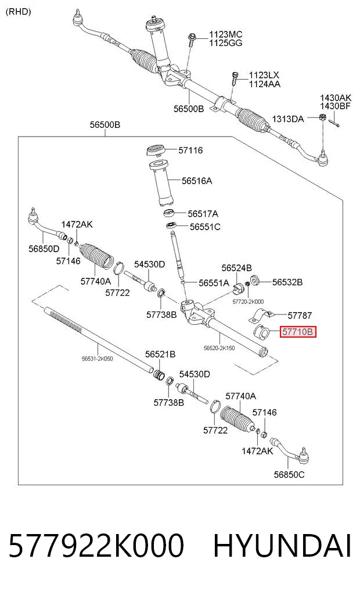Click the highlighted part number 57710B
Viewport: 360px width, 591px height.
pyautogui.click(x=297, y=332)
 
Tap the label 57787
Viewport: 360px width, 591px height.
pyautogui.click(x=300, y=315)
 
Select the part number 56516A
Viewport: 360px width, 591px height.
pyautogui.click(x=197, y=181)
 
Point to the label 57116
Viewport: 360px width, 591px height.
pyautogui.click(x=190, y=151)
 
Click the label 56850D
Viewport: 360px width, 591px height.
pyautogui.click(x=44, y=249)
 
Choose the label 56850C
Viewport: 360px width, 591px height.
pyautogui.click(x=289, y=475)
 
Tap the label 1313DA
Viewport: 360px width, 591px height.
pyautogui.click(x=287, y=119)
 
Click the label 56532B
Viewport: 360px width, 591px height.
pyautogui.click(x=287, y=282)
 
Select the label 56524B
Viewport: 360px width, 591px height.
pyautogui.click(x=236, y=268)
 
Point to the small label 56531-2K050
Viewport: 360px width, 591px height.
pyautogui.click(x=97, y=359)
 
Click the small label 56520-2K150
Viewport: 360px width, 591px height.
pyautogui.click(x=219, y=348)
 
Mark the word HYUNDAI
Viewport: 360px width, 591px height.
pyautogui.click(x=282, y=546)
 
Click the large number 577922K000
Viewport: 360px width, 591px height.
pyautogui.click(x=96, y=546)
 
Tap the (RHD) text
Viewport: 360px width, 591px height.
pyautogui.click(x=19, y=12)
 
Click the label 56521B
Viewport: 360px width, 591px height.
pyautogui.click(x=160, y=354)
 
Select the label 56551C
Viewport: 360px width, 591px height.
pyautogui.click(x=205, y=227)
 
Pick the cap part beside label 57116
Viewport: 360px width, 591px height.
pyautogui.click(x=155, y=151)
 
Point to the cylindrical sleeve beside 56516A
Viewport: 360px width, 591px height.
pyautogui.click(x=161, y=183)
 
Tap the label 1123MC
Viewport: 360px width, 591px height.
pyautogui.click(x=225, y=34)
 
